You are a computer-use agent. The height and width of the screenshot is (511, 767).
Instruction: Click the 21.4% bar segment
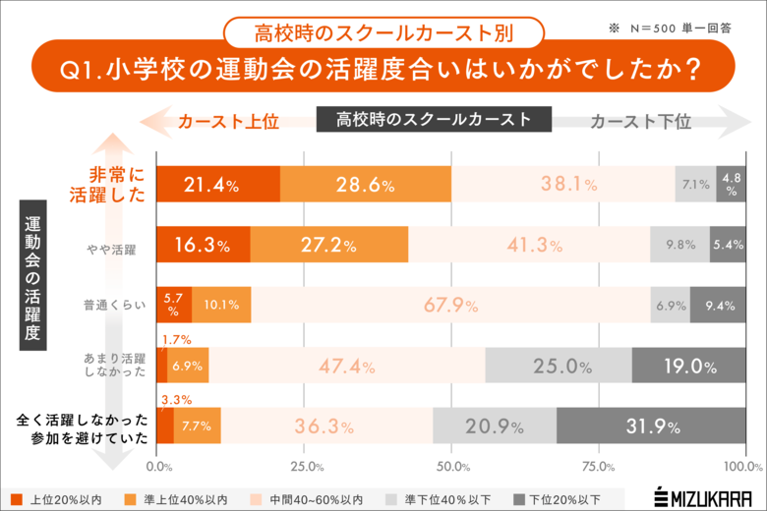click(218, 185)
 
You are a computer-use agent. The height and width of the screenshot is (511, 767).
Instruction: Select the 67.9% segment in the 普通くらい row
click(450, 305)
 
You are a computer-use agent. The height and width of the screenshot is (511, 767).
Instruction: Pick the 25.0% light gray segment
click(558, 366)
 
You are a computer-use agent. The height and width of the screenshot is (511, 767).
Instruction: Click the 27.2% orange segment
click(328, 245)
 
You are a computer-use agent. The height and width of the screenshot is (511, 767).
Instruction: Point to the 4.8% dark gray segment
click(731, 185)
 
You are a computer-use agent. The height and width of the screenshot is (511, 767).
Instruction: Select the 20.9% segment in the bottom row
click(495, 426)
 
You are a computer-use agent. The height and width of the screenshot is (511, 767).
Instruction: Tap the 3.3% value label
click(174, 401)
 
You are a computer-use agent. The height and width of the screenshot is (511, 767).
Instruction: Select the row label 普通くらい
click(115, 306)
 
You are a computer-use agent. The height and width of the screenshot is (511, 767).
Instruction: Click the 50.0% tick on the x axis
click(451, 466)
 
